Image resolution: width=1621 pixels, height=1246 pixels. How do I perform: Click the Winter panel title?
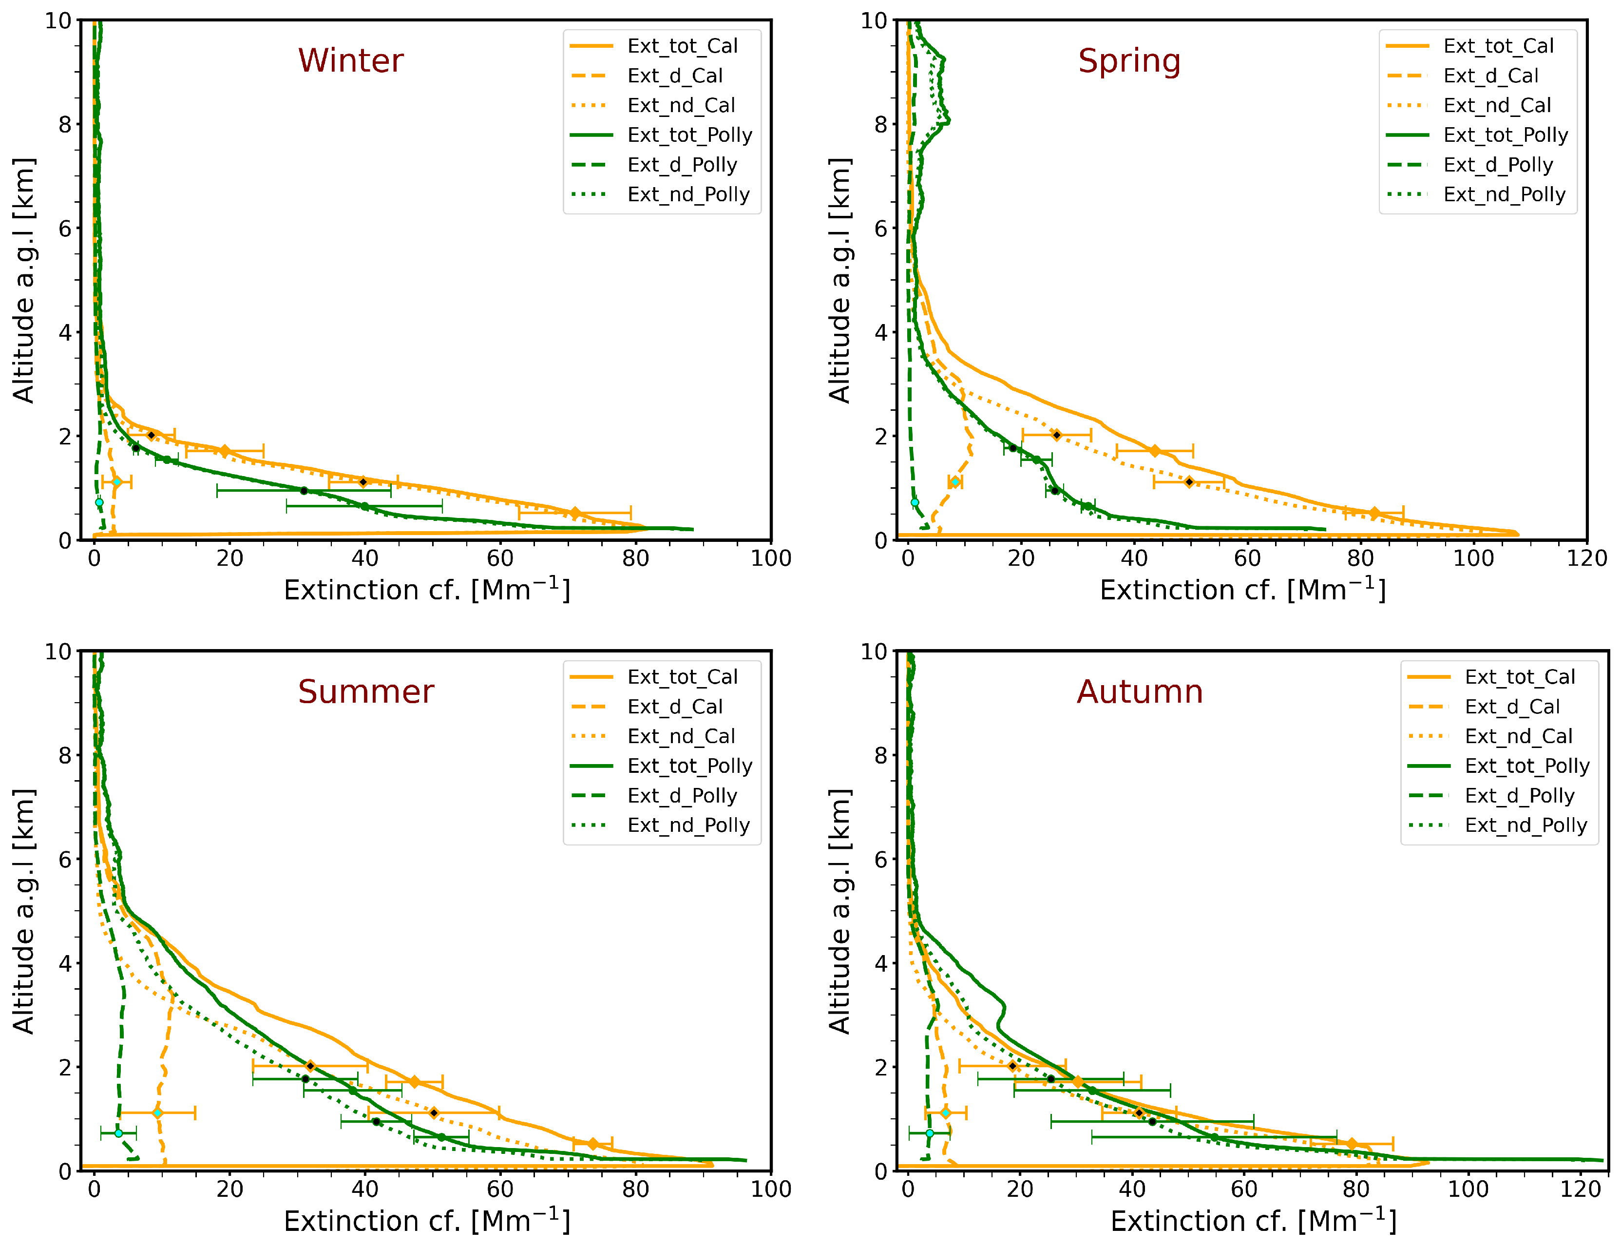[x=351, y=61]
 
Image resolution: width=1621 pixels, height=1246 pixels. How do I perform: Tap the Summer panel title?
[x=365, y=692]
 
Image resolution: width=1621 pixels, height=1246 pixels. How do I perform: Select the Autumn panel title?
[x=1139, y=692]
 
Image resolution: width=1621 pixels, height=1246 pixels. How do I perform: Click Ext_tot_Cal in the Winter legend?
[x=682, y=46]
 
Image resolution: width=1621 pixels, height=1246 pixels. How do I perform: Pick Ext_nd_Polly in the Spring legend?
[x=1504, y=194]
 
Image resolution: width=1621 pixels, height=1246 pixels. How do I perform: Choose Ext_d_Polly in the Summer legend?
[x=682, y=796]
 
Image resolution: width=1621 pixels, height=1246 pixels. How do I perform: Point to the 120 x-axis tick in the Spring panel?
[x=1586, y=558]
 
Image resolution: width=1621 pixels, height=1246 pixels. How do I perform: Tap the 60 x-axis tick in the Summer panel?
[x=500, y=1189]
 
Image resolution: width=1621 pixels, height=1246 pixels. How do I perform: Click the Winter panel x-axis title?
[x=426, y=591]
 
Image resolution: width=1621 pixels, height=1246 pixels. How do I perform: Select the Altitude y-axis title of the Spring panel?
[x=839, y=280]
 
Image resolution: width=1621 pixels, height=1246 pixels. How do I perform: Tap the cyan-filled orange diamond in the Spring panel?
[x=955, y=482]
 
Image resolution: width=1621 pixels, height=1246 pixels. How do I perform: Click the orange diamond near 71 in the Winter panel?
[x=575, y=513]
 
